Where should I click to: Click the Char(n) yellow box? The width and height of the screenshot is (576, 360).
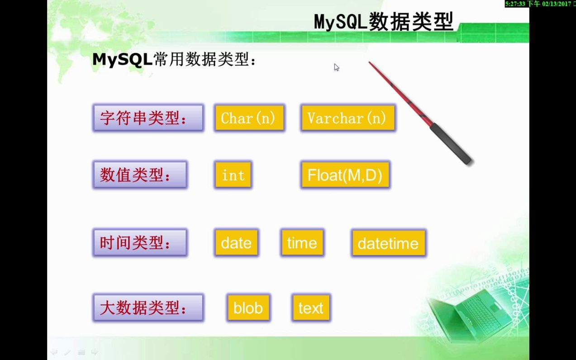[x=249, y=118]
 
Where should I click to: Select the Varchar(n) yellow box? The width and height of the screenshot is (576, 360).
[x=348, y=118]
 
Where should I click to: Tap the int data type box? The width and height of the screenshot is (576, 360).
[x=233, y=175]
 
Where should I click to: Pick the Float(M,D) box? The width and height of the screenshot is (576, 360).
[x=345, y=175]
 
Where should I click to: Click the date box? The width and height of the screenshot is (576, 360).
[x=236, y=243]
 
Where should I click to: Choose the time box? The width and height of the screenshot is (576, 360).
[x=302, y=243]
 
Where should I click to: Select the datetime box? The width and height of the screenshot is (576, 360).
[x=389, y=243]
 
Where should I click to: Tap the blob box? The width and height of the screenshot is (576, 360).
[x=248, y=308]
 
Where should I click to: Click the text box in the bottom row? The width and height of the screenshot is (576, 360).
[x=311, y=308]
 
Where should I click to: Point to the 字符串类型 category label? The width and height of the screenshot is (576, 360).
[x=148, y=118]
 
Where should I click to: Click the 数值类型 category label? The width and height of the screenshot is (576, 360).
[x=140, y=175]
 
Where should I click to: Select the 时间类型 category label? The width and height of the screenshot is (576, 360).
[x=140, y=243]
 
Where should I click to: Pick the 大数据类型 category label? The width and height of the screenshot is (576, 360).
[x=148, y=308]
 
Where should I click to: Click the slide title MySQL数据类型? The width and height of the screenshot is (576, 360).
[x=383, y=22]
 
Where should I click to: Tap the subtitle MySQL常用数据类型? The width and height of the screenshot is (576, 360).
[x=174, y=59]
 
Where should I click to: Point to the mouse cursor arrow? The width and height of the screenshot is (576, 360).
[x=336, y=67]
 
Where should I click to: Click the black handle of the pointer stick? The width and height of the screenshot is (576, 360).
[x=451, y=143]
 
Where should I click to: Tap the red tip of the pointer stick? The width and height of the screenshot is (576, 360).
[x=370, y=62]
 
